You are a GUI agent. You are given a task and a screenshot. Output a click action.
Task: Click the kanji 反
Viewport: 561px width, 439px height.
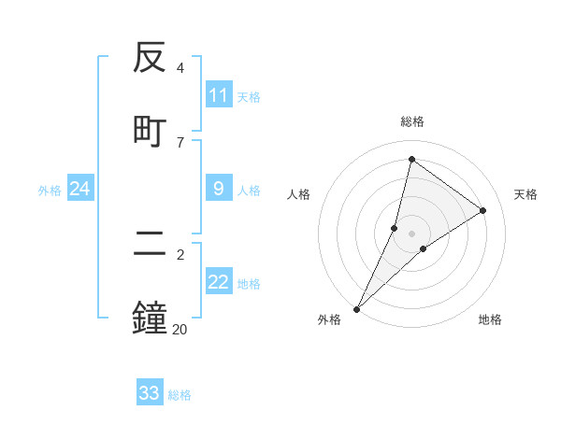(x=151, y=59)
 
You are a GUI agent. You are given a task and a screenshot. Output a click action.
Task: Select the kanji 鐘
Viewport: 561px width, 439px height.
(x=151, y=317)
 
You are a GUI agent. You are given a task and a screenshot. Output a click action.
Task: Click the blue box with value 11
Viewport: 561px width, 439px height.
(x=219, y=95)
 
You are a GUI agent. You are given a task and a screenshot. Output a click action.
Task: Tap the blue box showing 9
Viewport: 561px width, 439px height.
(x=219, y=190)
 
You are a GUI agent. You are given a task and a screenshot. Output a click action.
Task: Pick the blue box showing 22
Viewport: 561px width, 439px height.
(x=219, y=283)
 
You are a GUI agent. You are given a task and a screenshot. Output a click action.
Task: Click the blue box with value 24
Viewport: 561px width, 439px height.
(x=80, y=190)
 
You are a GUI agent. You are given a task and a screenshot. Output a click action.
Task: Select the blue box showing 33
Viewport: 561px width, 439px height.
(x=150, y=393)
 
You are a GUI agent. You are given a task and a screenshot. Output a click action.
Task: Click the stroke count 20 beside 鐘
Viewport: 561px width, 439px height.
(x=180, y=328)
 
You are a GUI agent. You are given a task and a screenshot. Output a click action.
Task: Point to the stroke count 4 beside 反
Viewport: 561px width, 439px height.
(x=180, y=68)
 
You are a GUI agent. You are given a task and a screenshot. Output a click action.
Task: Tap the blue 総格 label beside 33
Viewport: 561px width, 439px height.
(x=180, y=395)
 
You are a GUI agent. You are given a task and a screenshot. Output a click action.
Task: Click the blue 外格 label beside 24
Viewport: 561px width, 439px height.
(x=50, y=191)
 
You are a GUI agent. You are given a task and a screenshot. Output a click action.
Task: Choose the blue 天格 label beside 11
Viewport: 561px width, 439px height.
(x=249, y=96)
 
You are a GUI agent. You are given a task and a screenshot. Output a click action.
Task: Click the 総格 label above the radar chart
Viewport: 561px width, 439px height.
(x=411, y=121)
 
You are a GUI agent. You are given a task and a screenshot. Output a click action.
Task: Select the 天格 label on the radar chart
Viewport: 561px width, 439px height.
(x=525, y=194)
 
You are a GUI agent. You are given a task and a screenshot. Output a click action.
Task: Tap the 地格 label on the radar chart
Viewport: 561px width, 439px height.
(x=490, y=319)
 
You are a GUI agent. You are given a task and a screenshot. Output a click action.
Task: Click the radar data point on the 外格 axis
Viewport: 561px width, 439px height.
(x=356, y=308)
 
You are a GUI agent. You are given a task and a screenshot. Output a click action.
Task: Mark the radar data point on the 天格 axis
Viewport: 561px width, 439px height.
(x=483, y=210)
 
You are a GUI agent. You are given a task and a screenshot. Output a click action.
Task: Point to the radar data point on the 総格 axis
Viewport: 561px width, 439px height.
(x=411, y=159)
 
